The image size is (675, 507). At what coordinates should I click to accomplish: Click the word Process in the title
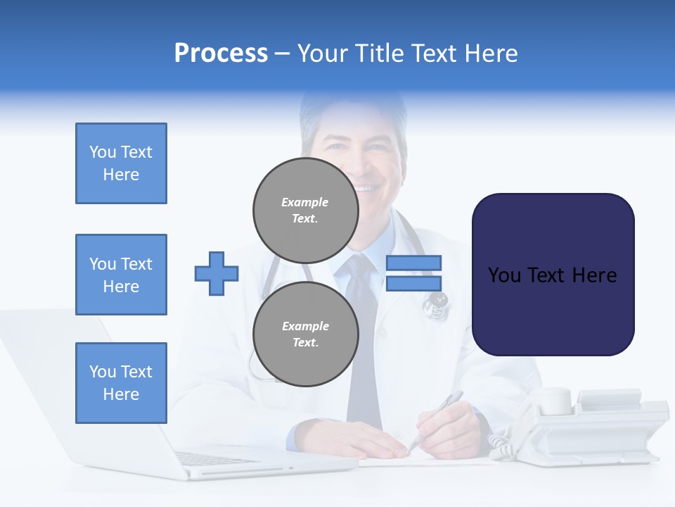pyautogui.click(x=221, y=54)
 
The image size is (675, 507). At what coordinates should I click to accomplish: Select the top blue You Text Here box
pyautogui.click(x=121, y=163)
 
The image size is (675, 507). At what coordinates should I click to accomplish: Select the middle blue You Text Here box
pyautogui.click(x=121, y=275)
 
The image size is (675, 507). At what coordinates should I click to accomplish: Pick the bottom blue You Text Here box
pyautogui.click(x=121, y=382)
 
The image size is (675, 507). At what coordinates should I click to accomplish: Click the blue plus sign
pyautogui.click(x=217, y=273)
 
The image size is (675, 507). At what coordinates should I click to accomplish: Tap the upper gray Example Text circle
pyautogui.click(x=306, y=210)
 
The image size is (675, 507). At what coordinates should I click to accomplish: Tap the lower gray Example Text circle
pyautogui.click(x=306, y=334)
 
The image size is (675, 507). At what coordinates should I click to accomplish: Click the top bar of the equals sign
pyautogui.click(x=413, y=263)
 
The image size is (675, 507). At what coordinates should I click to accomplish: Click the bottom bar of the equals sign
pyautogui.click(x=413, y=283)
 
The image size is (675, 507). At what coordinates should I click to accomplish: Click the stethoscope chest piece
pyautogui.click(x=435, y=303)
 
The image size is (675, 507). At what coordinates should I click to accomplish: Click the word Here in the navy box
pyautogui.click(x=594, y=275)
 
